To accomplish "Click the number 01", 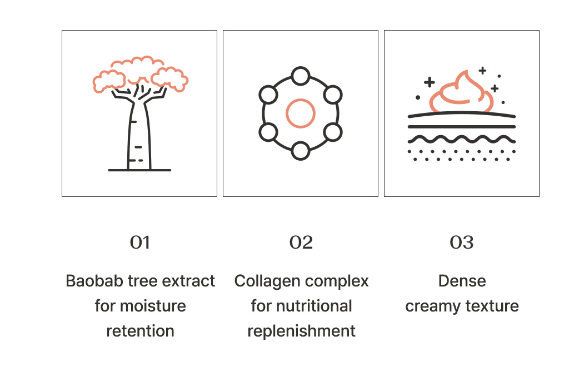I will click(x=140, y=243).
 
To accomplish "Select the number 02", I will click(x=301, y=243).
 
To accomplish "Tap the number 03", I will click(x=462, y=243).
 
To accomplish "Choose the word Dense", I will click(x=462, y=281).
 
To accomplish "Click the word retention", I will click(x=140, y=331).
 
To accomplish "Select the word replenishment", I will click(x=301, y=331).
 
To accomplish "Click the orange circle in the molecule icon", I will click(x=301, y=113).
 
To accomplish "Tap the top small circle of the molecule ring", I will click(x=301, y=76).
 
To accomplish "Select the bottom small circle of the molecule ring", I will click(x=301, y=151).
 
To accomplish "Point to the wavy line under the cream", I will click(x=462, y=138).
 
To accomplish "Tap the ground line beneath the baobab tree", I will click(x=139, y=170).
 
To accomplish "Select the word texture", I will click(x=493, y=306).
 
